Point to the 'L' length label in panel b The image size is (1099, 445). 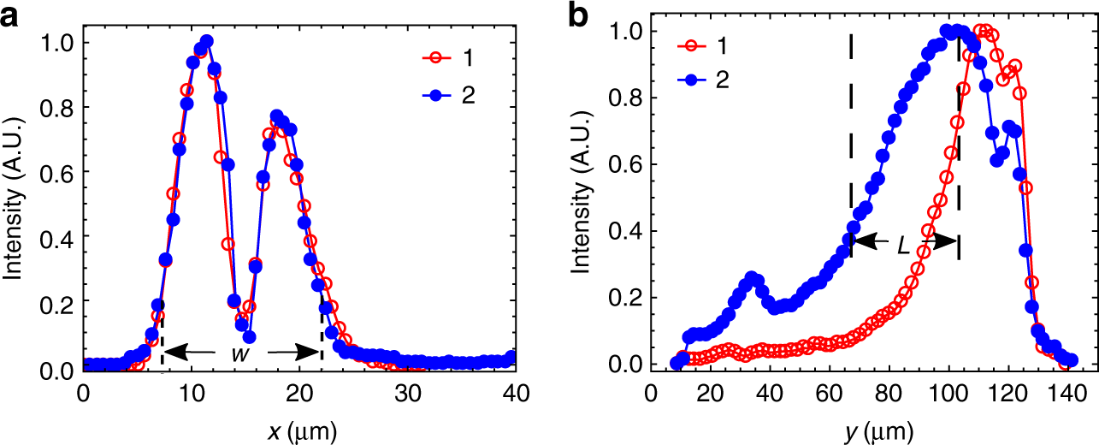pyautogui.click(x=902, y=245)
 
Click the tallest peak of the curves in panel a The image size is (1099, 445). pyautogui.click(x=205, y=41)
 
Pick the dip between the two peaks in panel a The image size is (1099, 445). pyautogui.click(x=249, y=336)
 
